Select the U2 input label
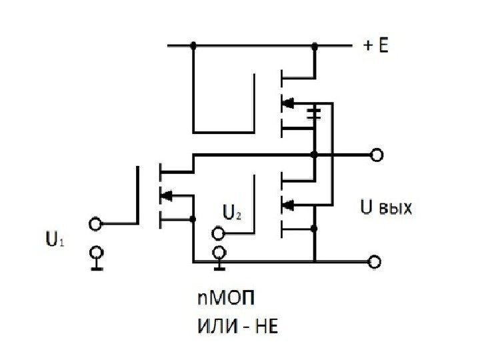click(x=231, y=213)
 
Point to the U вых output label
click(x=386, y=209)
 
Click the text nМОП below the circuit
click(x=220, y=297)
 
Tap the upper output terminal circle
click(x=377, y=155)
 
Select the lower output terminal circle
click(x=377, y=261)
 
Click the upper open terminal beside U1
click(x=96, y=225)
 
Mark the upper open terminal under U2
click(x=218, y=233)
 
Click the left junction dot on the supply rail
click(x=193, y=46)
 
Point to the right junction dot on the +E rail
click(x=315, y=46)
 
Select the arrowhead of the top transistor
click(x=288, y=103)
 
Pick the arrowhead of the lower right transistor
click(x=288, y=204)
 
